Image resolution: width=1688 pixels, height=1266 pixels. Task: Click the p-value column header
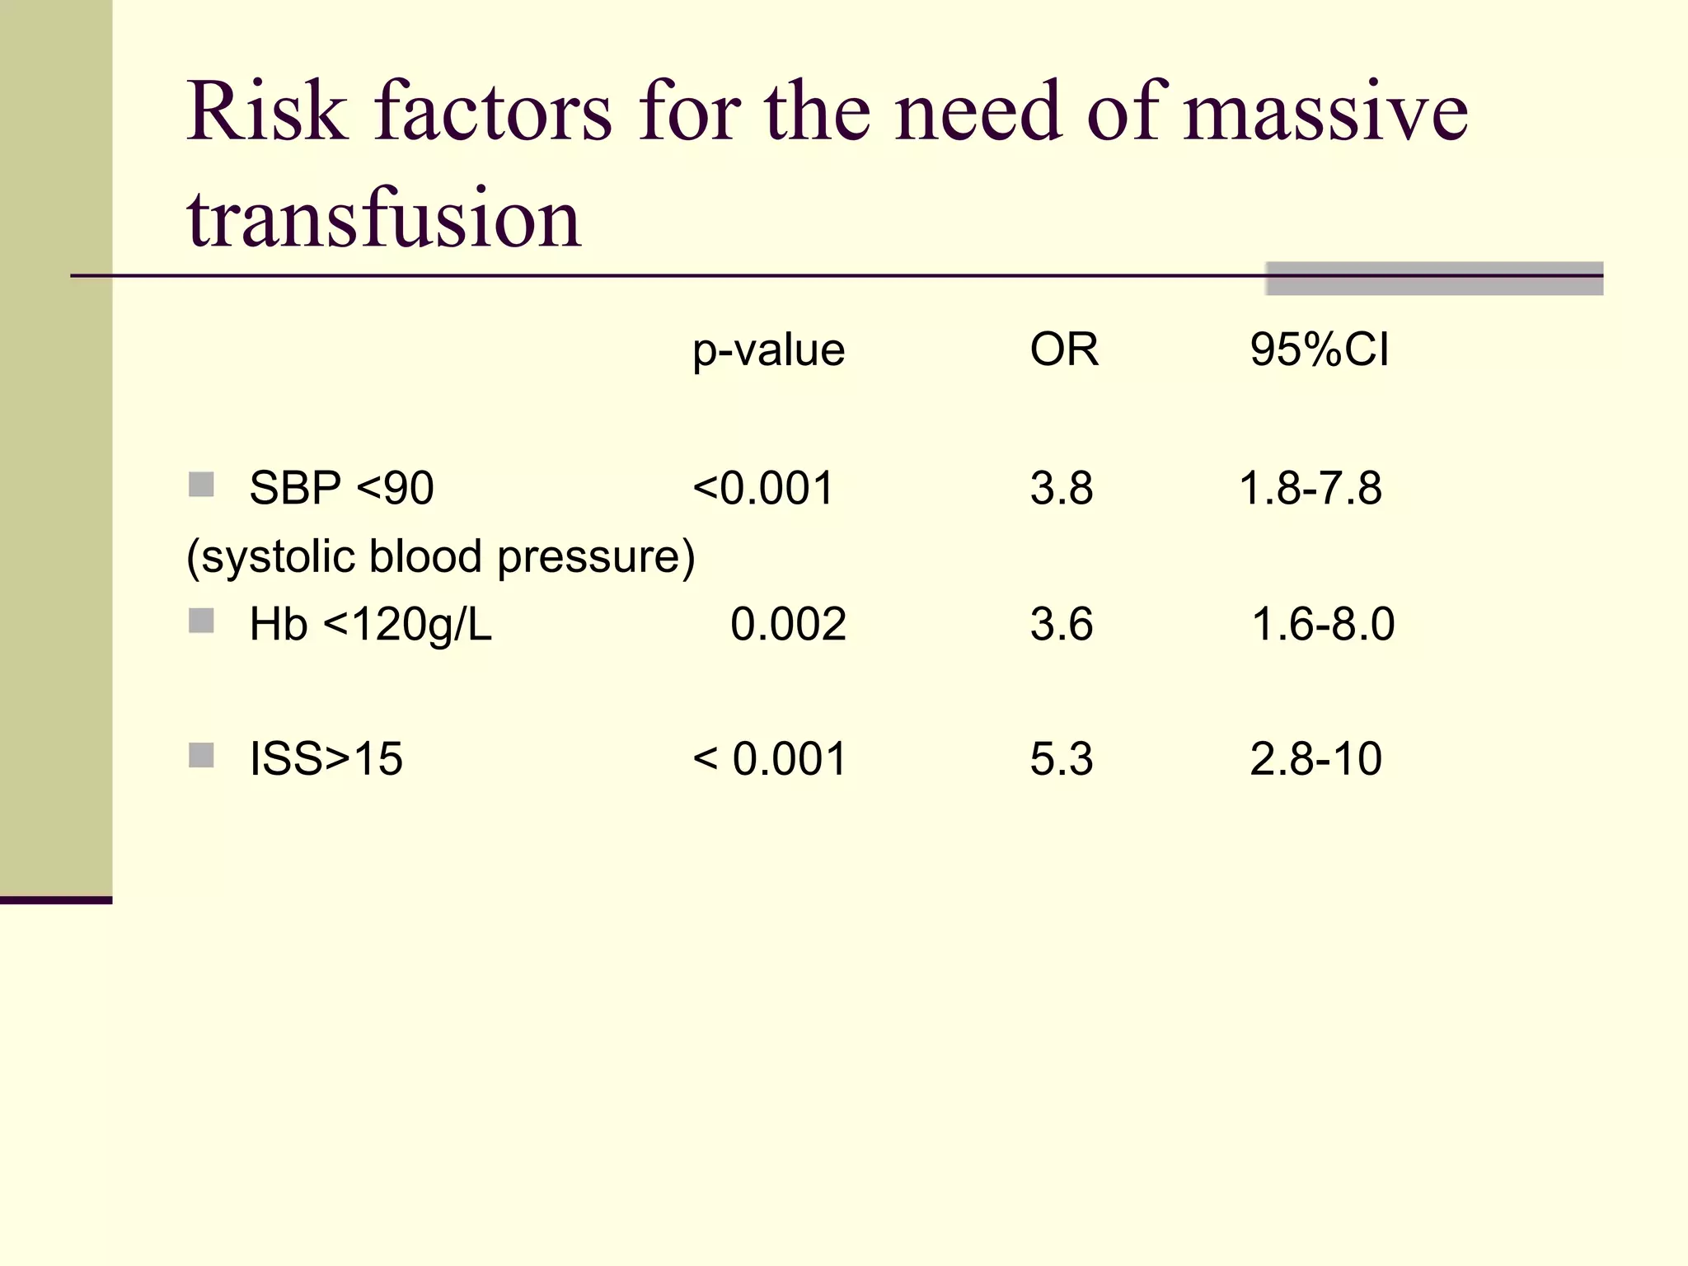coord(768,350)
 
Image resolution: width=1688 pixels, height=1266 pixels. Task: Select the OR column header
coord(1063,349)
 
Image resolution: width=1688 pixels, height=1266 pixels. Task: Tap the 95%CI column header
coord(1319,349)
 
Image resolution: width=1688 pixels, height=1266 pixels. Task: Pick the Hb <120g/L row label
coord(370,624)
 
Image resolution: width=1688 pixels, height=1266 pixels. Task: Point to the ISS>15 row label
coord(326,758)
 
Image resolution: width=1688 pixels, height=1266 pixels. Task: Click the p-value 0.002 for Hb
coord(788,624)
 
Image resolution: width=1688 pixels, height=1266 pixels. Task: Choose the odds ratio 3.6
coord(1061,624)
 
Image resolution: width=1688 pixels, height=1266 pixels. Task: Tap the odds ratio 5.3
coord(1061,758)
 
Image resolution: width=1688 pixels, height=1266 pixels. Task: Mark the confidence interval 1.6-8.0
coord(1323,624)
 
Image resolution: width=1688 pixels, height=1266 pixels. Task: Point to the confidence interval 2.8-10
coord(1315,758)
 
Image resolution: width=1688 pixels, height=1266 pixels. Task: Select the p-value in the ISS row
coord(770,758)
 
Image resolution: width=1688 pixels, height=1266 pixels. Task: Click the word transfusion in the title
coord(384,218)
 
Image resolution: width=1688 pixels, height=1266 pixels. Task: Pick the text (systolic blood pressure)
coord(441,556)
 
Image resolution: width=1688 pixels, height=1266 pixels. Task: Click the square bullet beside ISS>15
coord(201,755)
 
